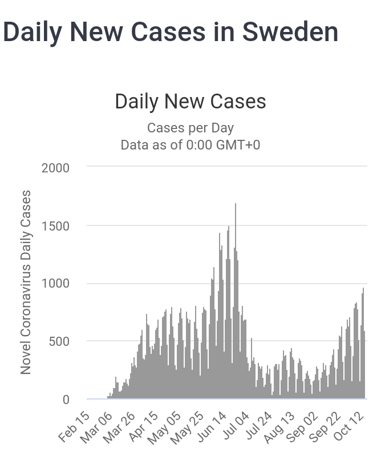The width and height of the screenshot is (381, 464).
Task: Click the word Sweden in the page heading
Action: click(290, 32)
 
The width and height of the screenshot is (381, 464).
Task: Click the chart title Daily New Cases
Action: click(190, 102)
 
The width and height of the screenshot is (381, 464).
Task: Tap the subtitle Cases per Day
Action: click(190, 128)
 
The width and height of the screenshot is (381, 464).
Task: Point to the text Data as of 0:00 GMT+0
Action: click(190, 145)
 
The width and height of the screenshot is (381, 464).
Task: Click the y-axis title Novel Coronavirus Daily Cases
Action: click(26, 283)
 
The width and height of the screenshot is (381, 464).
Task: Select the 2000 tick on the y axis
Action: click(55, 168)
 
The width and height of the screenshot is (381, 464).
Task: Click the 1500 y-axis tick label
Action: click(55, 226)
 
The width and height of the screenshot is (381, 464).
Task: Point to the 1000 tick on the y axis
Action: click(55, 284)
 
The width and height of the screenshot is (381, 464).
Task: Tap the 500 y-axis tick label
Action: click(59, 342)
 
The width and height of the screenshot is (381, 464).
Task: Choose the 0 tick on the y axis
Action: click(66, 400)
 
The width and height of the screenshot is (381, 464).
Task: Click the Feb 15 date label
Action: click(74, 426)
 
